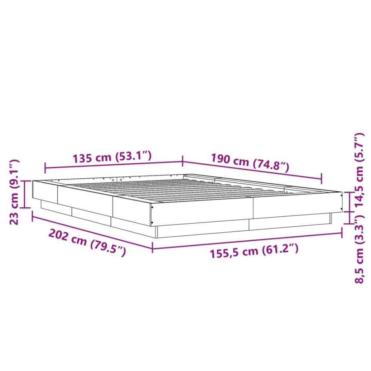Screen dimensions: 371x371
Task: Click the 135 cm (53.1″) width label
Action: click(x=112, y=157)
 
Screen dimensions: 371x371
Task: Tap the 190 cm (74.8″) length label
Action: click(x=250, y=163)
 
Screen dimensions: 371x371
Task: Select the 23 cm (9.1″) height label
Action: click(x=14, y=192)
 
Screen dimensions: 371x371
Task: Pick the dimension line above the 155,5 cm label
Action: click(x=247, y=241)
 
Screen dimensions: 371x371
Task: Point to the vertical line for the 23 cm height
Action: click(x=25, y=194)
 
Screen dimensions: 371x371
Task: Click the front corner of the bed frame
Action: click(x=152, y=214)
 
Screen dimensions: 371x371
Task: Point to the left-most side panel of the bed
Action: click(x=45, y=192)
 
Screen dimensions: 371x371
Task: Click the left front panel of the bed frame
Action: click(x=202, y=212)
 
